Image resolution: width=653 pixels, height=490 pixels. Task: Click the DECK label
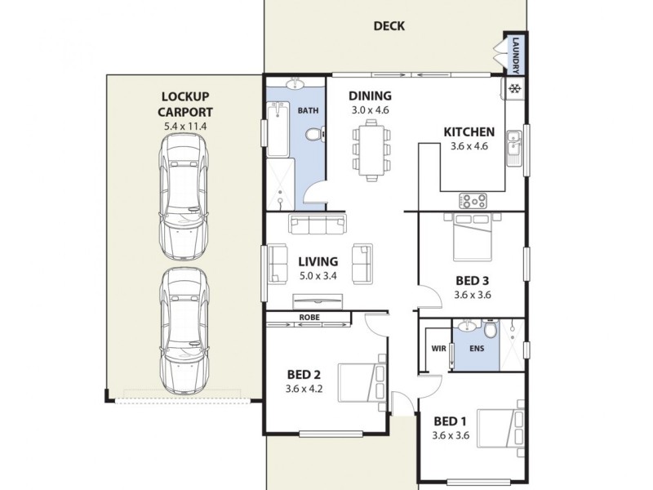389,26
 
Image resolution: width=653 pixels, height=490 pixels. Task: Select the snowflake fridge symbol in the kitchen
515,87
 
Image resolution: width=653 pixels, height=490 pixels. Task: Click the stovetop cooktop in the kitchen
474,198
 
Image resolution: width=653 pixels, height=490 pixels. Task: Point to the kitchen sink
513,147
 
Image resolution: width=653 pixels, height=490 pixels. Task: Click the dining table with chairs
371,148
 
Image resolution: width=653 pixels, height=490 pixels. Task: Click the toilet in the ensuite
490,331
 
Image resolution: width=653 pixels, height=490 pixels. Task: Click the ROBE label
309,316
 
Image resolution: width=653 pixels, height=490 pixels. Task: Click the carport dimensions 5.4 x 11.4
185,127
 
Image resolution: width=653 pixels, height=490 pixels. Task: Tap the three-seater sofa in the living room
318,224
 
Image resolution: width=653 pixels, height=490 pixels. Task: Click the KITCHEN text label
469,132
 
